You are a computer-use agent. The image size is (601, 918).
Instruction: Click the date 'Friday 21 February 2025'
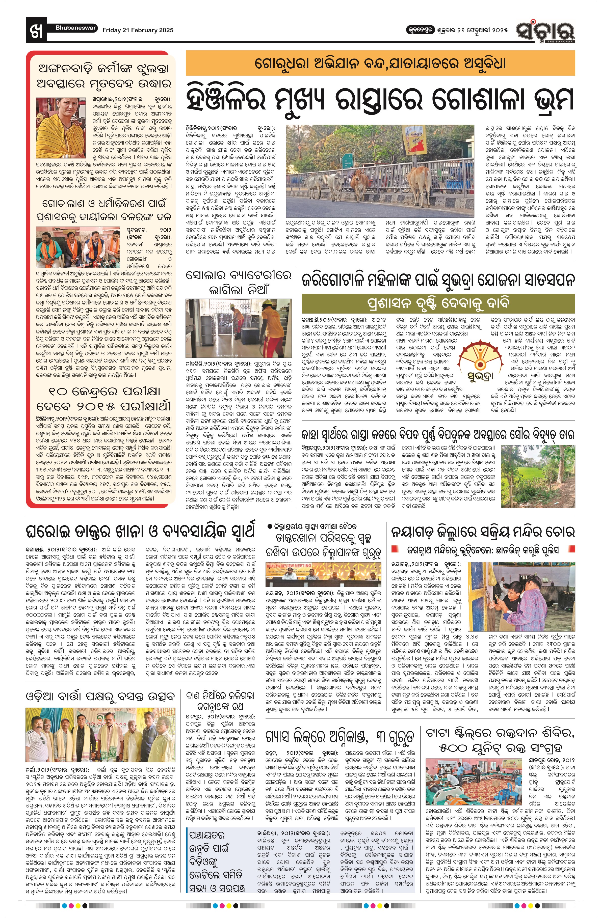[x=138, y=30]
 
